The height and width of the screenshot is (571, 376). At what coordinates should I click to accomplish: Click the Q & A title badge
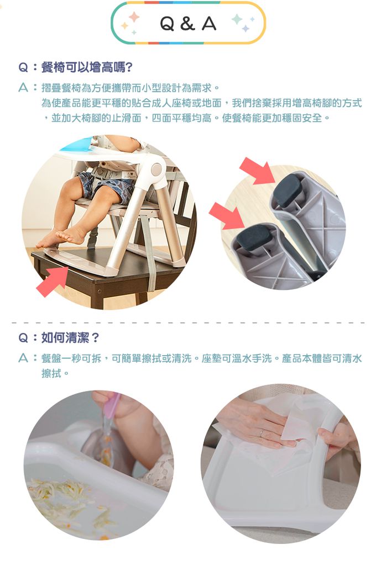(x=188, y=23)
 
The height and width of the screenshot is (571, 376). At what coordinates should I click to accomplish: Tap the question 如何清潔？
(x=66, y=337)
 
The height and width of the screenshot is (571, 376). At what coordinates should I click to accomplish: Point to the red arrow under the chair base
(x=51, y=281)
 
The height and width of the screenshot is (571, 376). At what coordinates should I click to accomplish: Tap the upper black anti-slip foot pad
(x=288, y=190)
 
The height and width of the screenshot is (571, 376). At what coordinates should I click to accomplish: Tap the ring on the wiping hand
(x=262, y=433)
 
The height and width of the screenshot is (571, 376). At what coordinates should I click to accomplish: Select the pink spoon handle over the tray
(x=113, y=405)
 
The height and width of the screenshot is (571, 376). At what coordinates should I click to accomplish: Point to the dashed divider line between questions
(x=188, y=322)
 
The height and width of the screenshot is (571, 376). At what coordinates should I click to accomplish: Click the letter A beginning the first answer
(x=23, y=88)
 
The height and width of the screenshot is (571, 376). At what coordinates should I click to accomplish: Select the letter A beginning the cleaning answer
(x=23, y=359)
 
